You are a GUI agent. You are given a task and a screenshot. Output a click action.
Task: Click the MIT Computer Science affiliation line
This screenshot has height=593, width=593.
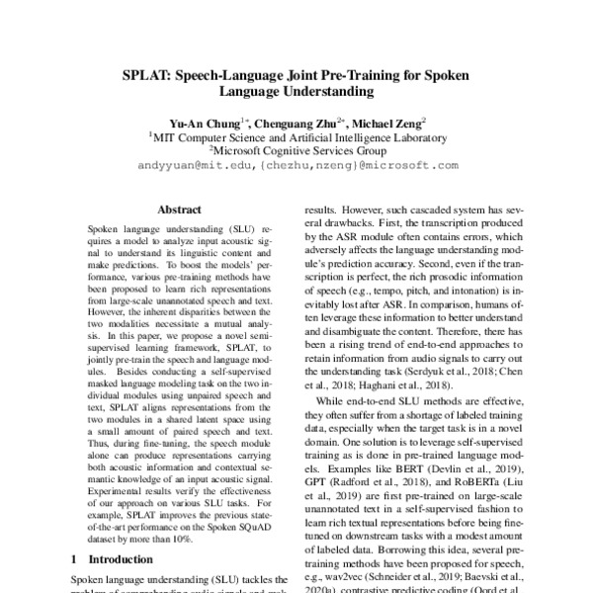coord(297,138)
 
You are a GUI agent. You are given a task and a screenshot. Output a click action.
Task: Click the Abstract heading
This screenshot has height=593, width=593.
coord(180,210)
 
